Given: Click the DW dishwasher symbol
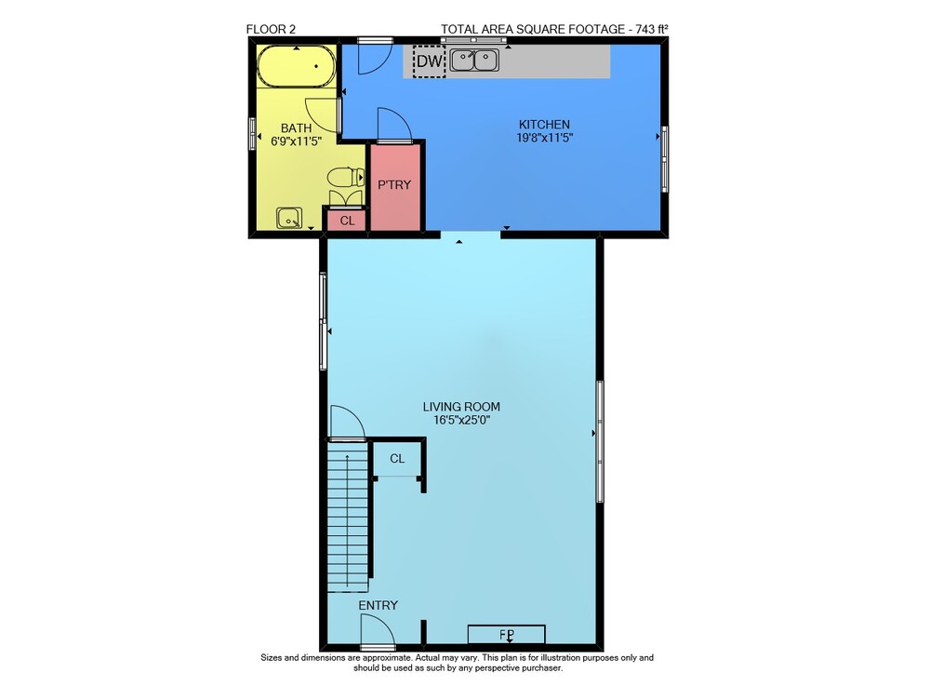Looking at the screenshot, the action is [429, 61].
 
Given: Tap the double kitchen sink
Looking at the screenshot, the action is [474, 60].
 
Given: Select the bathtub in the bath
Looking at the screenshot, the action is [297, 66].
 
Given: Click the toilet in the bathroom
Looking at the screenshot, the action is [346, 177].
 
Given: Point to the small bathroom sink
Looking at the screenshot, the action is [289, 218].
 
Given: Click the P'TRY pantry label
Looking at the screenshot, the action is [394, 184].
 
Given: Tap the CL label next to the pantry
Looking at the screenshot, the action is [348, 221].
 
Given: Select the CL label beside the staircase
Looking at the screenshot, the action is [397, 458].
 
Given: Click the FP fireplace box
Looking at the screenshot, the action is [507, 635].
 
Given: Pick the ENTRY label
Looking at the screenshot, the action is [378, 605].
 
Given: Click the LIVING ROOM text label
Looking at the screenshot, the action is [461, 407].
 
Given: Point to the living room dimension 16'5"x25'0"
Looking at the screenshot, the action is [462, 420].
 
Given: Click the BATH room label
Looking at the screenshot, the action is [296, 128].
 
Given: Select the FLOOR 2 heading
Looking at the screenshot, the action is [271, 29].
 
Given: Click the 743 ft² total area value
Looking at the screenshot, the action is [652, 29].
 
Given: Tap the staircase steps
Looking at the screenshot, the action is [348, 517].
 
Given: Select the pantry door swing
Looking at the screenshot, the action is [393, 125].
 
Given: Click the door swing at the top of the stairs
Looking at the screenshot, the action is [346, 423].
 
